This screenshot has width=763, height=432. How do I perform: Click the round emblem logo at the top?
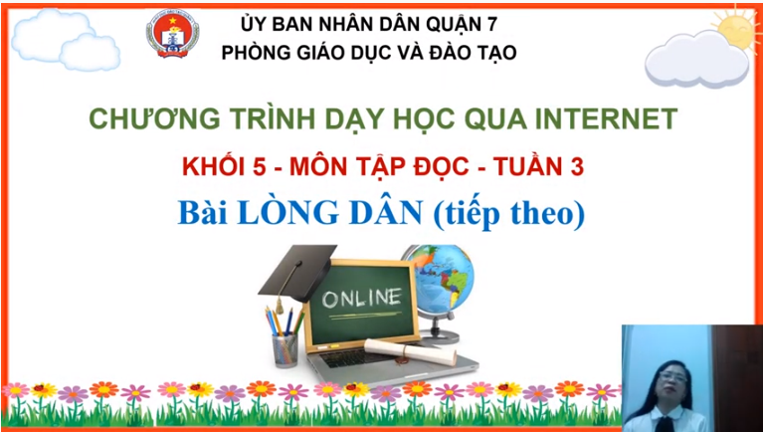coord(173,34)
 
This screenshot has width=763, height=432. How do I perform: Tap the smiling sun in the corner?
coord(738,28)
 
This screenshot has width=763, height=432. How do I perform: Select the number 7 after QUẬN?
coord(492,24)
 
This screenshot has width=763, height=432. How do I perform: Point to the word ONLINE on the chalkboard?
coord(362,298)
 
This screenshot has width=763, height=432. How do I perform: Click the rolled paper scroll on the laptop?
coord(411,351)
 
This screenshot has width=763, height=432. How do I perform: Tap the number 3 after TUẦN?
coord(577,167)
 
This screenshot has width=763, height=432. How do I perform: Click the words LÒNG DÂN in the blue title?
coord(330,214)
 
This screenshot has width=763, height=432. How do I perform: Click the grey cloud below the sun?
coord(696,60)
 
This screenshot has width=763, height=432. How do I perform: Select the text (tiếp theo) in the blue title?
coord(509,216)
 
